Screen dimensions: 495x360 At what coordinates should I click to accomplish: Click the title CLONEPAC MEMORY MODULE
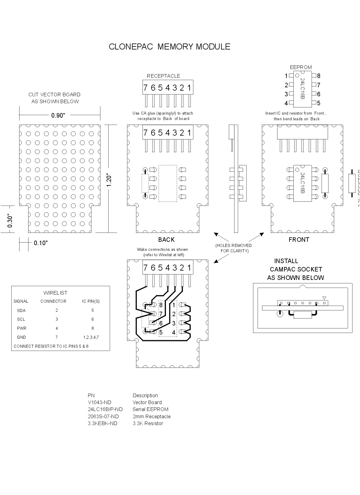pyautogui.click(x=169, y=47)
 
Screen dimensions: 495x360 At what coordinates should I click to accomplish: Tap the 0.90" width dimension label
pyautogui.click(x=58, y=115)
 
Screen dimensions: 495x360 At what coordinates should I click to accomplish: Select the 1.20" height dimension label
pyautogui.click(x=109, y=181)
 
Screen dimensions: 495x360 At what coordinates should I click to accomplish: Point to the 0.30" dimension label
pyautogui.click(x=10, y=221)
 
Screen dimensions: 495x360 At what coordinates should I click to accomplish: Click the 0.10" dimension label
pyautogui.click(x=41, y=243)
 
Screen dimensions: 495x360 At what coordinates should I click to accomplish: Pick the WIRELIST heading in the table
pyautogui.click(x=55, y=293)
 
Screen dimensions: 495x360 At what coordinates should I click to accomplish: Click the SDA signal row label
pyautogui.click(x=21, y=310)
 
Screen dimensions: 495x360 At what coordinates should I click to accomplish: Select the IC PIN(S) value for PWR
pyautogui.click(x=92, y=328)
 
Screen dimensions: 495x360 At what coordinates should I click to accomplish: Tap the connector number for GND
pyautogui.click(x=56, y=337)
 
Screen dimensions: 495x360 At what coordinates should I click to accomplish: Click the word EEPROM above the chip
pyautogui.click(x=301, y=67)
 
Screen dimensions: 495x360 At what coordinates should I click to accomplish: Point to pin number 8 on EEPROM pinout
pyautogui.click(x=319, y=76)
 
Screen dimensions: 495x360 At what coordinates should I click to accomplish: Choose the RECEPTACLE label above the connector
pyautogui.click(x=163, y=76)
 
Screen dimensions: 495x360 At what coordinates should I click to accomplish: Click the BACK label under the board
pyautogui.click(x=166, y=240)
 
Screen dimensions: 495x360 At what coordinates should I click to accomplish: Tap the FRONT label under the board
pyautogui.click(x=299, y=240)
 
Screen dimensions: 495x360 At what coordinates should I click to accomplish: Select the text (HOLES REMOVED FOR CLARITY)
pyautogui.click(x=234, y=248)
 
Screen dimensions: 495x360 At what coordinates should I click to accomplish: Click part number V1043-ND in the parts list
pyautogui.click(x=100, y=403)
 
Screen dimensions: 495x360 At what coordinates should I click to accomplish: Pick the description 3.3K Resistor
pyautogui.click(x=148, y=424)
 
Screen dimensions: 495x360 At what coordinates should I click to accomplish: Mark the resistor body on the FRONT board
pyautogui.click(x=325, y=183)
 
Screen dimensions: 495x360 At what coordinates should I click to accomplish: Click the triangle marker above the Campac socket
pyautogui.click(x=324, y=298)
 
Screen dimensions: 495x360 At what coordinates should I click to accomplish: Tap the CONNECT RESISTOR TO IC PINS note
pyautogui.click(x=51, y=346)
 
